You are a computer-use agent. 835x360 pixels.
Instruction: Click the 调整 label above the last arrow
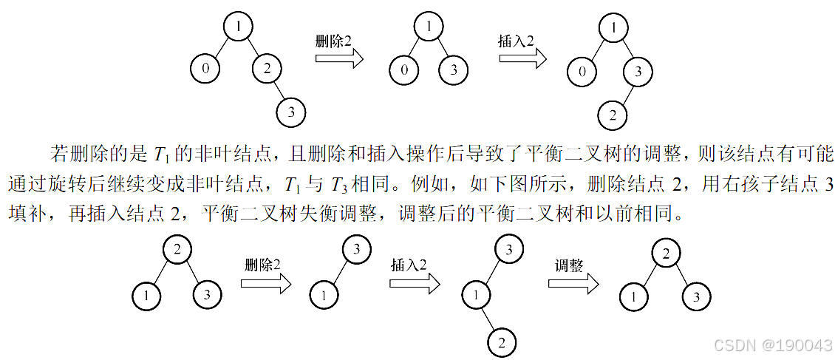coord(570,265)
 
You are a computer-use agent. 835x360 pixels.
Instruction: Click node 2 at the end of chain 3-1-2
coord(502,343)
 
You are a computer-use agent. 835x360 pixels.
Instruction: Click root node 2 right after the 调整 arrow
coord(666,254)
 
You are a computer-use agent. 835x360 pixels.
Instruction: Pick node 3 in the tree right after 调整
coord(696,297)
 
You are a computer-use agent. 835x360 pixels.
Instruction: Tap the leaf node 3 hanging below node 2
coord(291,113)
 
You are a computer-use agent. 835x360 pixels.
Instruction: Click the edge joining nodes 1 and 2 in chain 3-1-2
coord(489,319)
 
